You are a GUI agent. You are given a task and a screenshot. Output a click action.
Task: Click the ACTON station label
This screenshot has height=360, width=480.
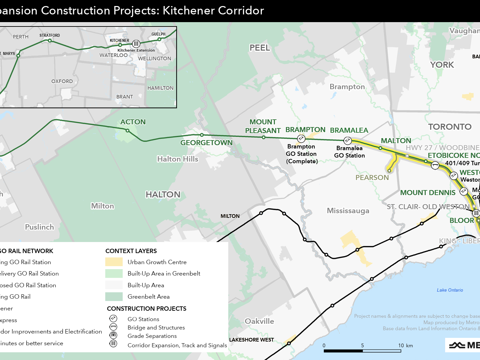(x=133, y=122)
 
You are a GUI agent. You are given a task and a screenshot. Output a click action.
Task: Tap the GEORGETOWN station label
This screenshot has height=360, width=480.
(x=206, y=143)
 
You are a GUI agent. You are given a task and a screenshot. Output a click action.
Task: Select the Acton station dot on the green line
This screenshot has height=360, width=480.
(x=127, y=130)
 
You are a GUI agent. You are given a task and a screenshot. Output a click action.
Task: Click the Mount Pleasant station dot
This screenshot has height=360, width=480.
(x=263, y=137)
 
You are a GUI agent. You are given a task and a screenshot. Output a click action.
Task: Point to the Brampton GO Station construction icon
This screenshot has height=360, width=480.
(x=301, y=138)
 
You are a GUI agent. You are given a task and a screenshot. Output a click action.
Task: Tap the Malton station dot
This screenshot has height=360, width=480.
(x=380, y=148)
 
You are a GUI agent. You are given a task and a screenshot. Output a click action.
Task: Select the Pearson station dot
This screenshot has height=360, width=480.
(x=389, y=171)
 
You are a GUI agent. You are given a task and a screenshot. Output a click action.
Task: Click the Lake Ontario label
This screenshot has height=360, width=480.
(x=450, y=290)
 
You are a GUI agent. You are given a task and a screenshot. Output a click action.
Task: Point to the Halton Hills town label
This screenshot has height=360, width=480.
(x=178, y=159)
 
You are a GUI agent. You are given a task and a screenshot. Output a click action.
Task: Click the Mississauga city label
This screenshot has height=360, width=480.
(x=348, y=211)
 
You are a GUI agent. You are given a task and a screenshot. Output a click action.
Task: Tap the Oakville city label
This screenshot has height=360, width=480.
(x=259, y=321)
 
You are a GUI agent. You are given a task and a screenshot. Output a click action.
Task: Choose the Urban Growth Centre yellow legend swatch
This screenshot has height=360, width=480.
(x=114, y=262)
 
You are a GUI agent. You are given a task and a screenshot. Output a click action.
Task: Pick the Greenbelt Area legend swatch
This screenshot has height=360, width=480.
(x=114, y=297)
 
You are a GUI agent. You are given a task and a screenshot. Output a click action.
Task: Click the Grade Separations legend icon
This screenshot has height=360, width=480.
(x=113, y=335)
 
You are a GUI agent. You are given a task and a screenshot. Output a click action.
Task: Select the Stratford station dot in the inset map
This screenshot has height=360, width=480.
(x=50, y=41)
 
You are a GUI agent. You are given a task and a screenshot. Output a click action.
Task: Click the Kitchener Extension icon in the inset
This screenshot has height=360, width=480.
(x=136, y=44)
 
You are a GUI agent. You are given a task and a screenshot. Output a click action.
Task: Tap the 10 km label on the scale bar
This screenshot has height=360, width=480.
(x=405, y=346)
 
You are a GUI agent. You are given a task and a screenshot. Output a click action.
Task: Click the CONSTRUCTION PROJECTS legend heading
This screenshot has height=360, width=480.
(x=146, y=308)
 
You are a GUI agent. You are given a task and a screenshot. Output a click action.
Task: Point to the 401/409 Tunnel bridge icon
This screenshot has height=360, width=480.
(x=435, y=165)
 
